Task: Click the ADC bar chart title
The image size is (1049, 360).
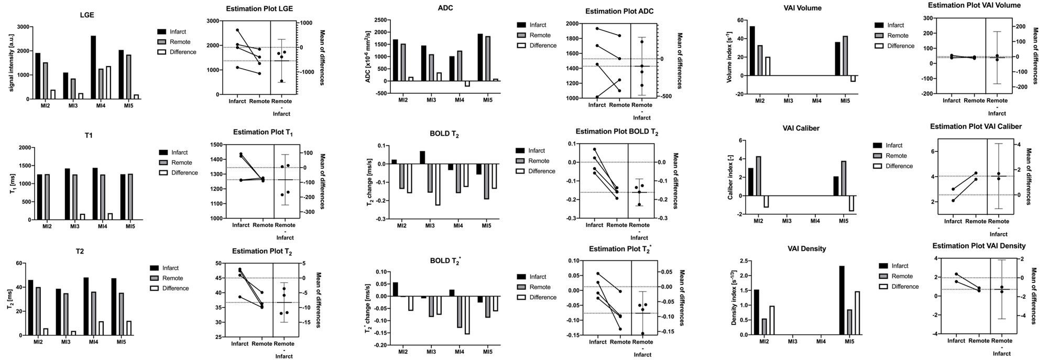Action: (x=445, y=8)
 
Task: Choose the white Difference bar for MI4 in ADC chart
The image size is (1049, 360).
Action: (x=466, y=84)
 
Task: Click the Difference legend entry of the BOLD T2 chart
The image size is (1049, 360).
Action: (x=542, y=171)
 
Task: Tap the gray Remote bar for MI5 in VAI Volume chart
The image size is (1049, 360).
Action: (x=845, y=56)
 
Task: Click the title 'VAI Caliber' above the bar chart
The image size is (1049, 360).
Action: (x=817, y=128)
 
